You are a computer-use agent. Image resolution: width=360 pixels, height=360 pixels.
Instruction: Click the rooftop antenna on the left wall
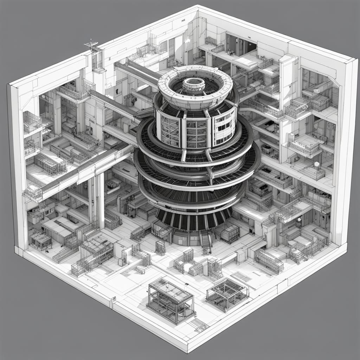[92, 45]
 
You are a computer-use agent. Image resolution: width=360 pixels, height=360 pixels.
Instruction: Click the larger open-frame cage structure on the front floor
[171, 300]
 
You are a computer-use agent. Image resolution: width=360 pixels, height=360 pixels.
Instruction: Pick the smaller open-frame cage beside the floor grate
[227, 293]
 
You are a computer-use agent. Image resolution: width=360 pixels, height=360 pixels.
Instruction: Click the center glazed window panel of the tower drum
[196, 134]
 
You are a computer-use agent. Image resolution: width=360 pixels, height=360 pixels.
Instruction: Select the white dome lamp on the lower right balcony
[316, 164]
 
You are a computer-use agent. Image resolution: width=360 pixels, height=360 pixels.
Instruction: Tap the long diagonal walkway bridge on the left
[79, 172]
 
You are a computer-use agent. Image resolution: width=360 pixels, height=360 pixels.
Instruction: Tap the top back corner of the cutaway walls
[198, 6]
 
